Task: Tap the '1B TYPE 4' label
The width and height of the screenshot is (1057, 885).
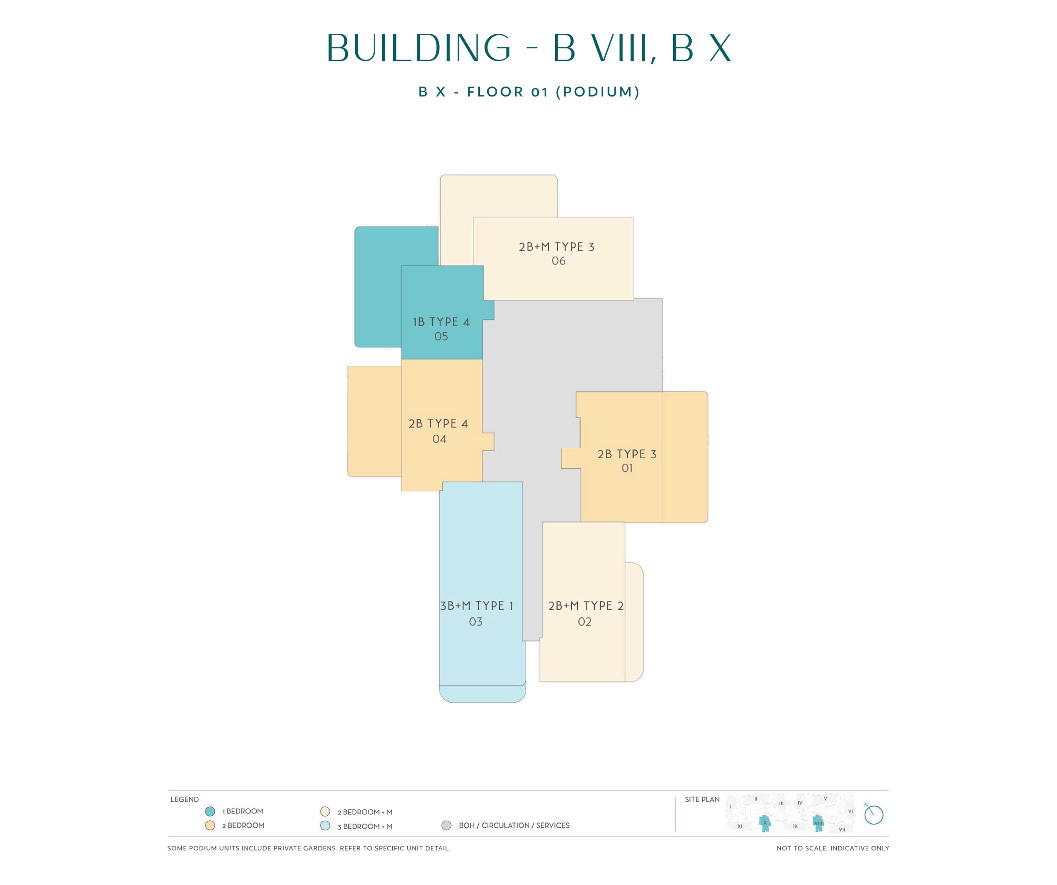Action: [441, 322]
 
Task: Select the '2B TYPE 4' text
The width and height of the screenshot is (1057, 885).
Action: [438, 423]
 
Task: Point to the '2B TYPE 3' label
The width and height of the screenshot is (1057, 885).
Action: [627, 454]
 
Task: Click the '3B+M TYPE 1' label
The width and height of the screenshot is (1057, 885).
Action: [476, 606]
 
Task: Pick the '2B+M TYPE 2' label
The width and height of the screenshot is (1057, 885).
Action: [586, 606]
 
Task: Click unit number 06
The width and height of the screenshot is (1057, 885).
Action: [558, 261]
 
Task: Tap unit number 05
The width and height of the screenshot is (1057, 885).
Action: [441, 336]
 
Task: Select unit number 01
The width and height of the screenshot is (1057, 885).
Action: [627, 468]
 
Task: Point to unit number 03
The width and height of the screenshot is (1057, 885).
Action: [476, 622]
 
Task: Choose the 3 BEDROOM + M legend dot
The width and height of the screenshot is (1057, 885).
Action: [325, 826]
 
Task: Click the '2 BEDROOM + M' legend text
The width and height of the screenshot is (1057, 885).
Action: [365, 812]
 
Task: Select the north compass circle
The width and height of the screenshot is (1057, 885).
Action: [874, 815]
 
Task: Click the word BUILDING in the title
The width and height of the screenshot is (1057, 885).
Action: [419, 48]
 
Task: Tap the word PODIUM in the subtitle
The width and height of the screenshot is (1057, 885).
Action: [597, 92]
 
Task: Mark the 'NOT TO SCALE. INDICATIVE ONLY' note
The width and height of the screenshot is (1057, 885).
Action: [832, 848]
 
